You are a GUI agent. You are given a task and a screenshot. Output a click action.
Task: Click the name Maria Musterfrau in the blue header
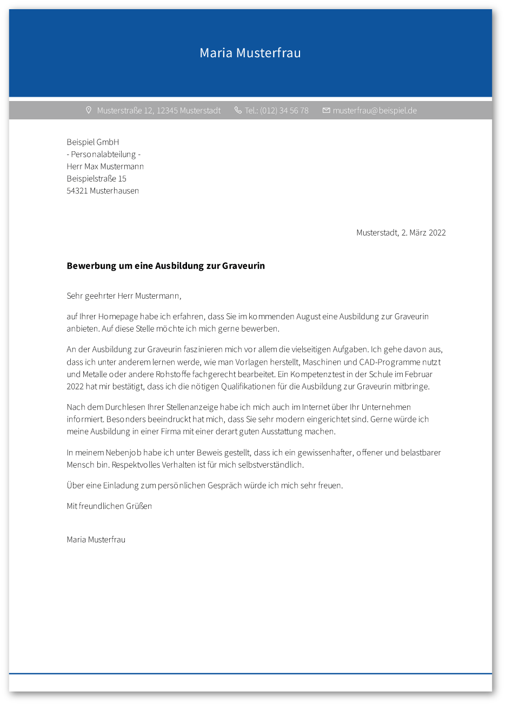point(250,53)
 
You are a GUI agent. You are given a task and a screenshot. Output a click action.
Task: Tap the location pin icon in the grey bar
point(89,110)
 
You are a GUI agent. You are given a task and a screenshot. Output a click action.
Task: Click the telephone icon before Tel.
point(238,110)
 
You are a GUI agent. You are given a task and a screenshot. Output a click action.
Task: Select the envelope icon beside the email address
point(326,110)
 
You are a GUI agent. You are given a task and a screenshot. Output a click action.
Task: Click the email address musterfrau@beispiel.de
point(375,111)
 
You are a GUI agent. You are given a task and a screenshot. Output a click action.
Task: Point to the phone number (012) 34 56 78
point(284,111)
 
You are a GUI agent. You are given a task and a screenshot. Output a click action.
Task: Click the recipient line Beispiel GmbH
point(92,142)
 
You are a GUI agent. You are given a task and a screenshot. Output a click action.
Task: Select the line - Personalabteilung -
point(103,155)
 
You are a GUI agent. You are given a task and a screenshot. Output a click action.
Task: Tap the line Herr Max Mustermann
point(105,166)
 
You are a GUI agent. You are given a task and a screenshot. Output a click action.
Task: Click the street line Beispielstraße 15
point(96,179)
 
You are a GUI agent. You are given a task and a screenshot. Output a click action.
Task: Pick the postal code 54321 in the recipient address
point(77,191)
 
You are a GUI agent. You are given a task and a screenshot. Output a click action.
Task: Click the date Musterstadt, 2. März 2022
point(401,233)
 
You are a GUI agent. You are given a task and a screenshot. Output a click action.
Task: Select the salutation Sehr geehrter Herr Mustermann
point(124,296)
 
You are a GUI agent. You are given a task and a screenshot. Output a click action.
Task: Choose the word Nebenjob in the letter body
point(124,453)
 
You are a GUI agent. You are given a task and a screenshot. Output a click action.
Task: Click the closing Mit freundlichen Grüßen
point(109,506)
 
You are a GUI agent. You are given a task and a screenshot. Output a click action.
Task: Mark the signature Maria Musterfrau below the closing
point(96,540)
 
